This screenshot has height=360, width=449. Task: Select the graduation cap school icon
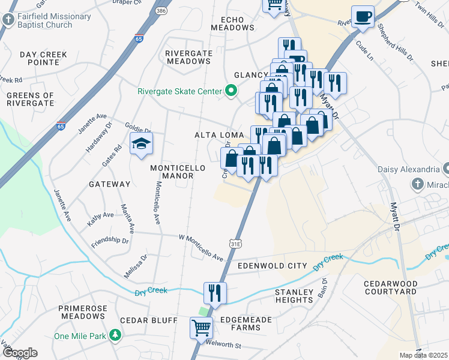click(141, 144)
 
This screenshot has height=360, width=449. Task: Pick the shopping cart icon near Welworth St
click(201, 328)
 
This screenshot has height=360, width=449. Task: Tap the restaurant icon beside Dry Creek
click(215, 293)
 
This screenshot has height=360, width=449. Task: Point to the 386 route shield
click(160, 11)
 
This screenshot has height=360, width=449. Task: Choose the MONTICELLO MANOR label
click(178, 172)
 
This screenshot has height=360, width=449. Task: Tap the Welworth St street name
click(222, 346)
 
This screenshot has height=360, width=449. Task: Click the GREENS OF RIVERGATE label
click(30, 100)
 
